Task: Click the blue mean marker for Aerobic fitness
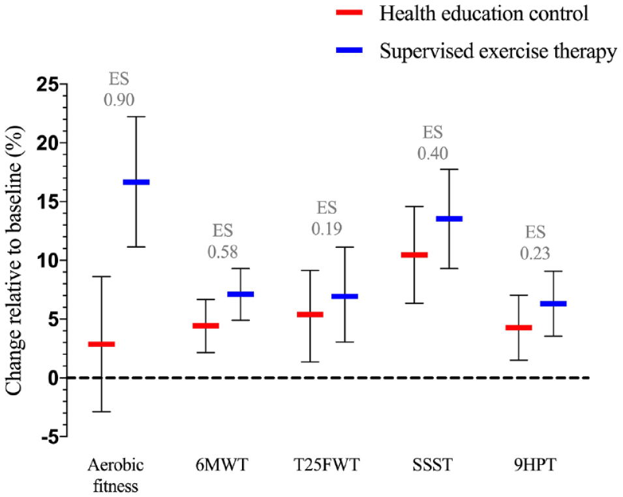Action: coord(136,182)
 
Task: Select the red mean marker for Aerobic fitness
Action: coord(101,344)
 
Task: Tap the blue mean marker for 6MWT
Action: coord(240,294)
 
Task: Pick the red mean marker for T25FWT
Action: coord(310,314)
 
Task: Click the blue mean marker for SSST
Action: coord(449,218)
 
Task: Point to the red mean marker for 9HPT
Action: coord(519,327)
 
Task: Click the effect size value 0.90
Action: coord(119,100)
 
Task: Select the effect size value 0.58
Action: coord(222,252)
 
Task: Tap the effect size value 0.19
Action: coord(327,229)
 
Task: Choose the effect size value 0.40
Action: coord(433,153)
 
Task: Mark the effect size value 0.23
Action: coord(535,254)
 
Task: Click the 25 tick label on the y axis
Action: coord(47,84)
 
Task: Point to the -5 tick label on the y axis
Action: coord(50,436)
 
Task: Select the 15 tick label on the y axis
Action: coord(47,202)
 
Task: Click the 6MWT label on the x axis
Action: coord(222,464)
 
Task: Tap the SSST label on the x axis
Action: coord(433,464)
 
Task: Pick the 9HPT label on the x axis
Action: coord(535,464)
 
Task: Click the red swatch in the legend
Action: coord(349,12)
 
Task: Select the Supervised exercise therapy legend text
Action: coord(498,52)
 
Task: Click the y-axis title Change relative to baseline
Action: coord(14,261)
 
